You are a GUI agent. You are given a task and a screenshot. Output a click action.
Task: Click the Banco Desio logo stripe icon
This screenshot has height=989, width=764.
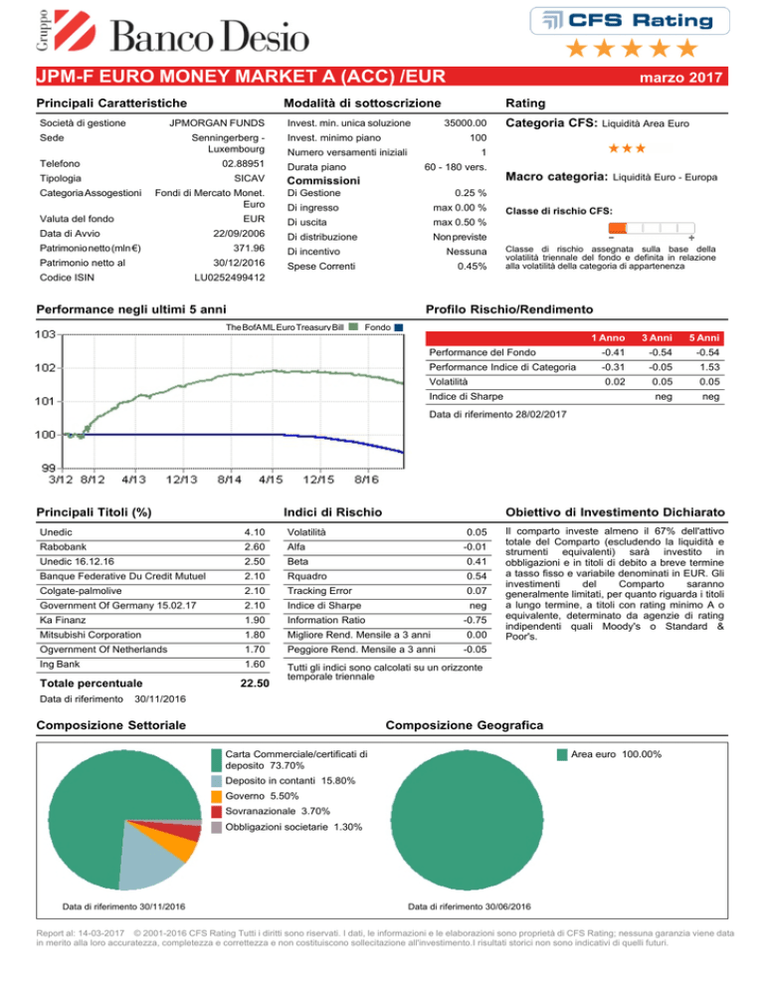[x=75, y=30]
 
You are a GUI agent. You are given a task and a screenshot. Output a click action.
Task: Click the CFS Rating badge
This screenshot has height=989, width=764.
[x=630, y=21]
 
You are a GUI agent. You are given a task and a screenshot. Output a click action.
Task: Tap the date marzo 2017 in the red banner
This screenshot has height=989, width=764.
[x=680, y=77]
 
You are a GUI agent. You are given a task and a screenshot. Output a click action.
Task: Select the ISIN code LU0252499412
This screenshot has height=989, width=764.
[x=229, y=278]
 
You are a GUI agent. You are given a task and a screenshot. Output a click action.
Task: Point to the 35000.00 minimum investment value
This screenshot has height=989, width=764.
[x=465, y=123]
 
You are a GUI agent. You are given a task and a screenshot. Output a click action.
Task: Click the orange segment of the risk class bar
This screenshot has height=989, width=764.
[x=618, y=228]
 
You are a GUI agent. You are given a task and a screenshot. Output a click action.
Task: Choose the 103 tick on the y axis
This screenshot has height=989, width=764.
[x=45, y=334]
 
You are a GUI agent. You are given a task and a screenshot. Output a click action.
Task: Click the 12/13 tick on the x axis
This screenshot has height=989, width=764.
[x=182, y=480]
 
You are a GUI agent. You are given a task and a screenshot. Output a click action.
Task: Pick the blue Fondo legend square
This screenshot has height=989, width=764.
[x=398, y=327]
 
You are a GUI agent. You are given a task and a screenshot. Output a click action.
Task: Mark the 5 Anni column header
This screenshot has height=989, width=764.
[x=704, y=338]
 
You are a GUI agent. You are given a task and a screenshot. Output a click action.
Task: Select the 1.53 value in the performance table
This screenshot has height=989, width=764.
[x=709, y=367]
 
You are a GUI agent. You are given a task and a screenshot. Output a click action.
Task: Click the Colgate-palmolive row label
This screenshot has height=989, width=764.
[x=81, y=591]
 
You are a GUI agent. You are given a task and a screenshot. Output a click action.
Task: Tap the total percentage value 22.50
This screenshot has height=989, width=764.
[x=255, y=684]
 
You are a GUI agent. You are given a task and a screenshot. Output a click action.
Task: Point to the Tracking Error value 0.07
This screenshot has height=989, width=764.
[x=477, y=591]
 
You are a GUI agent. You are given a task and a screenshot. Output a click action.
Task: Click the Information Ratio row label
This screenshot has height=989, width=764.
[x=326, y=620]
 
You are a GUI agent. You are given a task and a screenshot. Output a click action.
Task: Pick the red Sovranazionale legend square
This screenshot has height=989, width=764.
[x=217, y=812]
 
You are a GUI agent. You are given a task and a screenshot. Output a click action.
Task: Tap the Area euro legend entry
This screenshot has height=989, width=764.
[x=610, y=754]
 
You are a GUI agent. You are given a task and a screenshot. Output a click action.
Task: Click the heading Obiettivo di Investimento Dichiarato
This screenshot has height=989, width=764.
[x=615, y=512]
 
